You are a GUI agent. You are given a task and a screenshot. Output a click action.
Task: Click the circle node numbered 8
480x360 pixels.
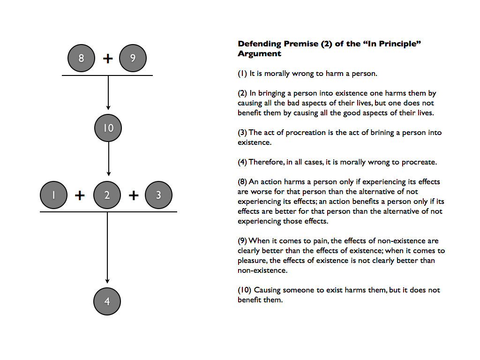[x=82, y=59]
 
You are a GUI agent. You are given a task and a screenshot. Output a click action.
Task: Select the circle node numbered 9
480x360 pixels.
[x=133, y=59]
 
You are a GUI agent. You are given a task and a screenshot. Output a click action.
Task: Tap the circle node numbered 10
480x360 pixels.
[x=108, y=128]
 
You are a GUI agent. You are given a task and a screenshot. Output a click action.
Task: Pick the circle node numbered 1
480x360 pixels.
[x=54, y=195]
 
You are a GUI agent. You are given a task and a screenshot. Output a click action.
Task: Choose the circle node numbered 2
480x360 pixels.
[x=107, y=195]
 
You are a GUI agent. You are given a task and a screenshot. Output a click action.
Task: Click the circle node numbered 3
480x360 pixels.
[x=158, y=195]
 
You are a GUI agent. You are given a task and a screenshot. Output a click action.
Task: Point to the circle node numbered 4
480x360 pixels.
[x=107, y=301]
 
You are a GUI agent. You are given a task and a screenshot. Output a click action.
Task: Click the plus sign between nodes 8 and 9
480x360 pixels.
[x=108, y=59]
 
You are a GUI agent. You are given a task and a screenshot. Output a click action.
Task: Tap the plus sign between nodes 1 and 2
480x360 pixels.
[x=80, y=195]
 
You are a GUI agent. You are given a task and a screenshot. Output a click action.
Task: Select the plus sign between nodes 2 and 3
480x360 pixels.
[x=134, y=195]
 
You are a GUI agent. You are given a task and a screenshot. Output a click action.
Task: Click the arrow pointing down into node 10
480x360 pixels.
[x=108, y=94]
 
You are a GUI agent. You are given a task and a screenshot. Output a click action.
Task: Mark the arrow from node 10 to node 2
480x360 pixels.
[x=108, y=159]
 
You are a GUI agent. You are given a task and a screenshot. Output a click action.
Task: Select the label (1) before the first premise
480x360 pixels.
[x=243, y=74]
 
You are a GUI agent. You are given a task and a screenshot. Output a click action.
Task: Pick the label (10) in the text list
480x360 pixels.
[x=244, y=290]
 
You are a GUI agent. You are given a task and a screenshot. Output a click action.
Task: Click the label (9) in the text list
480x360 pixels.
[x=243, y=241]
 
